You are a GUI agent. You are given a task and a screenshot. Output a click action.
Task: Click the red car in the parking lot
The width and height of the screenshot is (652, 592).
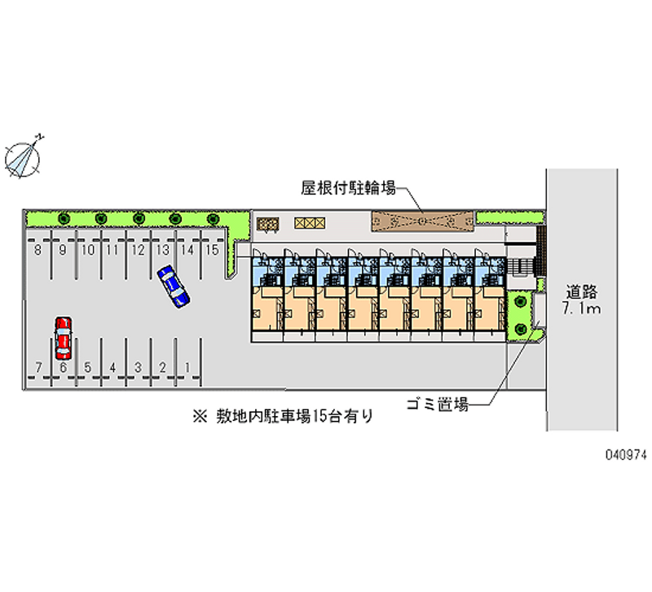[63, 338]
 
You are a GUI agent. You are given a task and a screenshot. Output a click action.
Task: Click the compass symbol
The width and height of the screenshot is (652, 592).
[24, 155]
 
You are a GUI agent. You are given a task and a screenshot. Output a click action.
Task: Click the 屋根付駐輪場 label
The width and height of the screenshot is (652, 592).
[348, 188]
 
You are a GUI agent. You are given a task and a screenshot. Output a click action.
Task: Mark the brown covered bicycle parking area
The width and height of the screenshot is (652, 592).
[422, 220]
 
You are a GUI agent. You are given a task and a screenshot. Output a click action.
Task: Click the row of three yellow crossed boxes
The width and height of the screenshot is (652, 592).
[310, 221]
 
